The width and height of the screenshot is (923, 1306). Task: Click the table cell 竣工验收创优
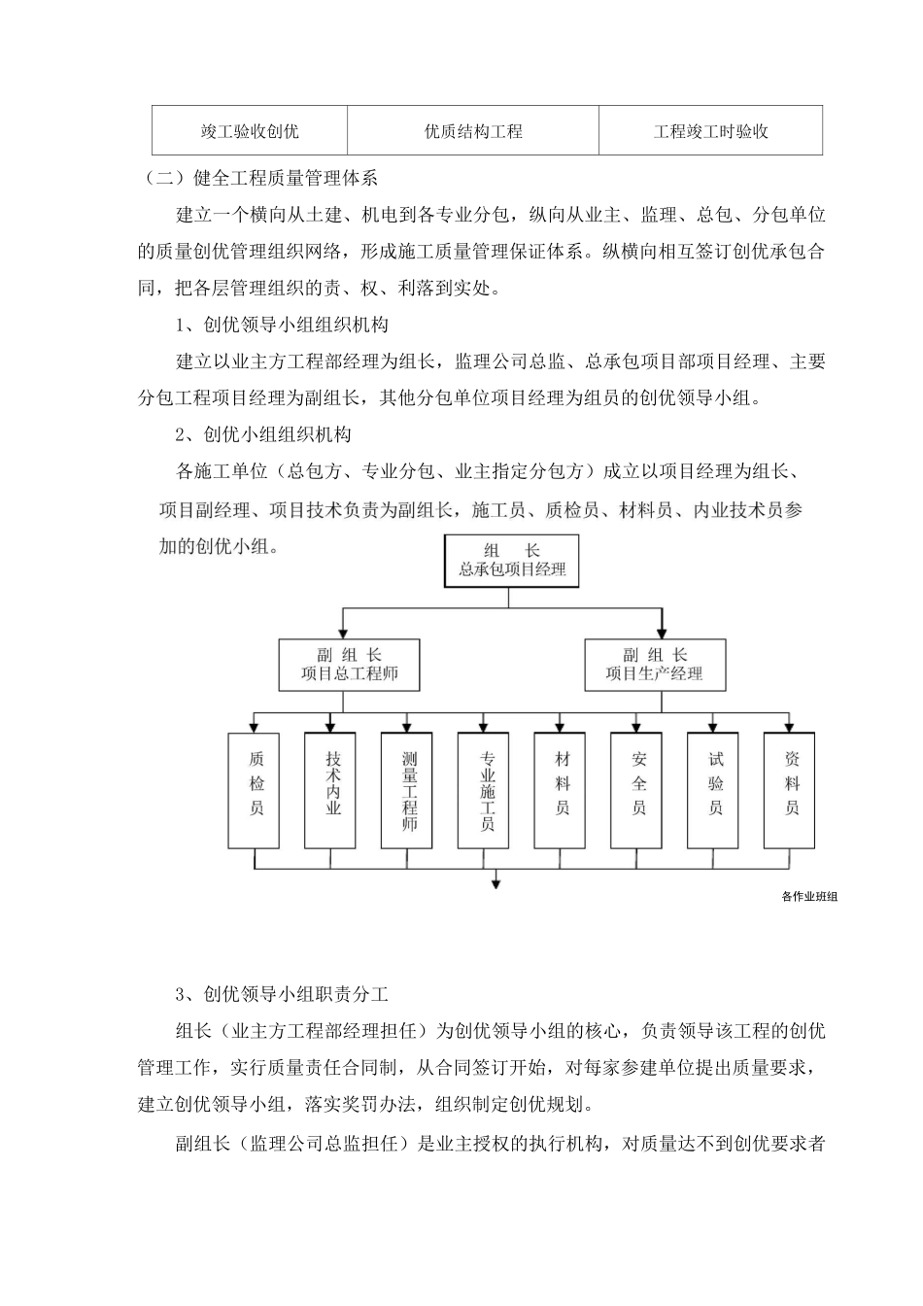(250, 131)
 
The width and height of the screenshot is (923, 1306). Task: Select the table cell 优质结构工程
(473, 131)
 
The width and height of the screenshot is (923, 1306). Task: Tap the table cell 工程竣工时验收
(710, 131)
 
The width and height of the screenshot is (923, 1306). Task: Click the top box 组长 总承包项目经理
(512, 560)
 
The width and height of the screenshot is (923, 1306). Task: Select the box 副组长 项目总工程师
(350, 665)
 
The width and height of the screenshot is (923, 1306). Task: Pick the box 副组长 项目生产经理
(654, 665)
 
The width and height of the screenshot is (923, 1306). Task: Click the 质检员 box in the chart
(256, 789)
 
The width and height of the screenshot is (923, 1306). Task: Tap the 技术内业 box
(332, 789)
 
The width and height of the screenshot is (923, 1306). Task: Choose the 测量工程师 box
(409, 789)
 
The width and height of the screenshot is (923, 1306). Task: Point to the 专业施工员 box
(486, 789)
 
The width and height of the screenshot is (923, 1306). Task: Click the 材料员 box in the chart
(563, 789)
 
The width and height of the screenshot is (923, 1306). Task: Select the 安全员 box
(638, 789)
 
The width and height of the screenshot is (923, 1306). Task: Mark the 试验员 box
(715, 789)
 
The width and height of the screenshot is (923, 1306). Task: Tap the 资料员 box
(792, 789)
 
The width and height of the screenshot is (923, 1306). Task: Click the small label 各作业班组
(808, 897)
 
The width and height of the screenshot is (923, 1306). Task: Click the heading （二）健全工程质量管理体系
(259, 178)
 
